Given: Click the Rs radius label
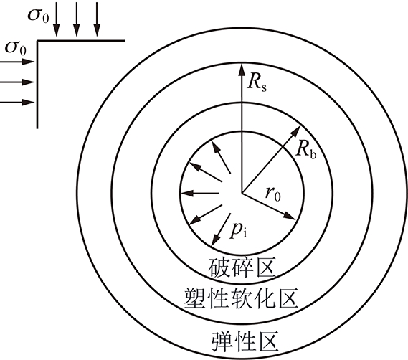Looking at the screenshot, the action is (x=257, y=83).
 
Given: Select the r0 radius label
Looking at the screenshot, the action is (x=273, y=194).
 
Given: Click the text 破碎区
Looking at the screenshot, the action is (x=242, y=268).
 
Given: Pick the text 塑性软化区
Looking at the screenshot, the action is (x=241, y=298).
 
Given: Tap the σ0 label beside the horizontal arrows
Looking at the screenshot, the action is (x=16, y=49).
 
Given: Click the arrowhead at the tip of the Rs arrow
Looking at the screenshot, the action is (x=242, y=69).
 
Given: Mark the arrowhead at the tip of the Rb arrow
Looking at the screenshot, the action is (x=296, y=131).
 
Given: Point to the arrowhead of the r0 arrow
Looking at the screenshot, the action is (x=289, y=217).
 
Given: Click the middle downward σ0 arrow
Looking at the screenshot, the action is (x=76, y=19).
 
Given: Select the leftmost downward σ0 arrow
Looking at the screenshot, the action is (x=57, y=19).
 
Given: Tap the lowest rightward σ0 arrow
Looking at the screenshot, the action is (x=17, y=102).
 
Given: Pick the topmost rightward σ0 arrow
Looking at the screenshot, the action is (x=17, y=62).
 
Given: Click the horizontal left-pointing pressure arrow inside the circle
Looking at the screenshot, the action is (x=200, y=194).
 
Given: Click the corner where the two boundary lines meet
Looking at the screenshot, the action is (x=37, y=41).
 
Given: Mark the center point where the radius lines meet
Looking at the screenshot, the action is (x=242, y=193).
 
